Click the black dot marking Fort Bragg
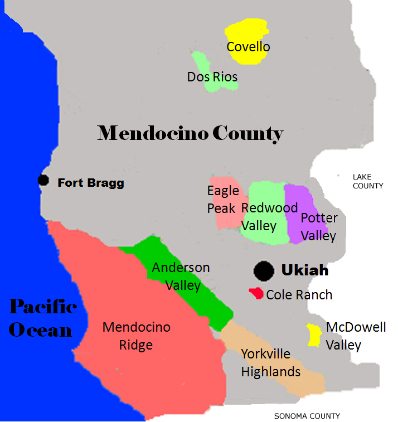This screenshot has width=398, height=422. [x=43, y=180]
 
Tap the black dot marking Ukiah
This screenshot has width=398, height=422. [x=264, y=271]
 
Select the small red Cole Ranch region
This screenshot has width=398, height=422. [x=256, y=293]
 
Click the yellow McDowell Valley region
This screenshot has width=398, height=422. [x=314, y=335]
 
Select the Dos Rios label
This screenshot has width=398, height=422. [x=212, y=77]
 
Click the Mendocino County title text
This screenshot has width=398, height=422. [x=190, y=133]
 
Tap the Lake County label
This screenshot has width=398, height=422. [x=368, y=181]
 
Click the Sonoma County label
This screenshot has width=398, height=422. [x=307, y=416]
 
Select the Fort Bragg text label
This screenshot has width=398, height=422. [x=91, y=182]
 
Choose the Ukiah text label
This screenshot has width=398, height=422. [x=304, y=271]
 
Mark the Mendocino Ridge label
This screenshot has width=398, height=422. [x=136, y=336]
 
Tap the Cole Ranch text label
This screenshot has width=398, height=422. [x=299, y=295]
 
